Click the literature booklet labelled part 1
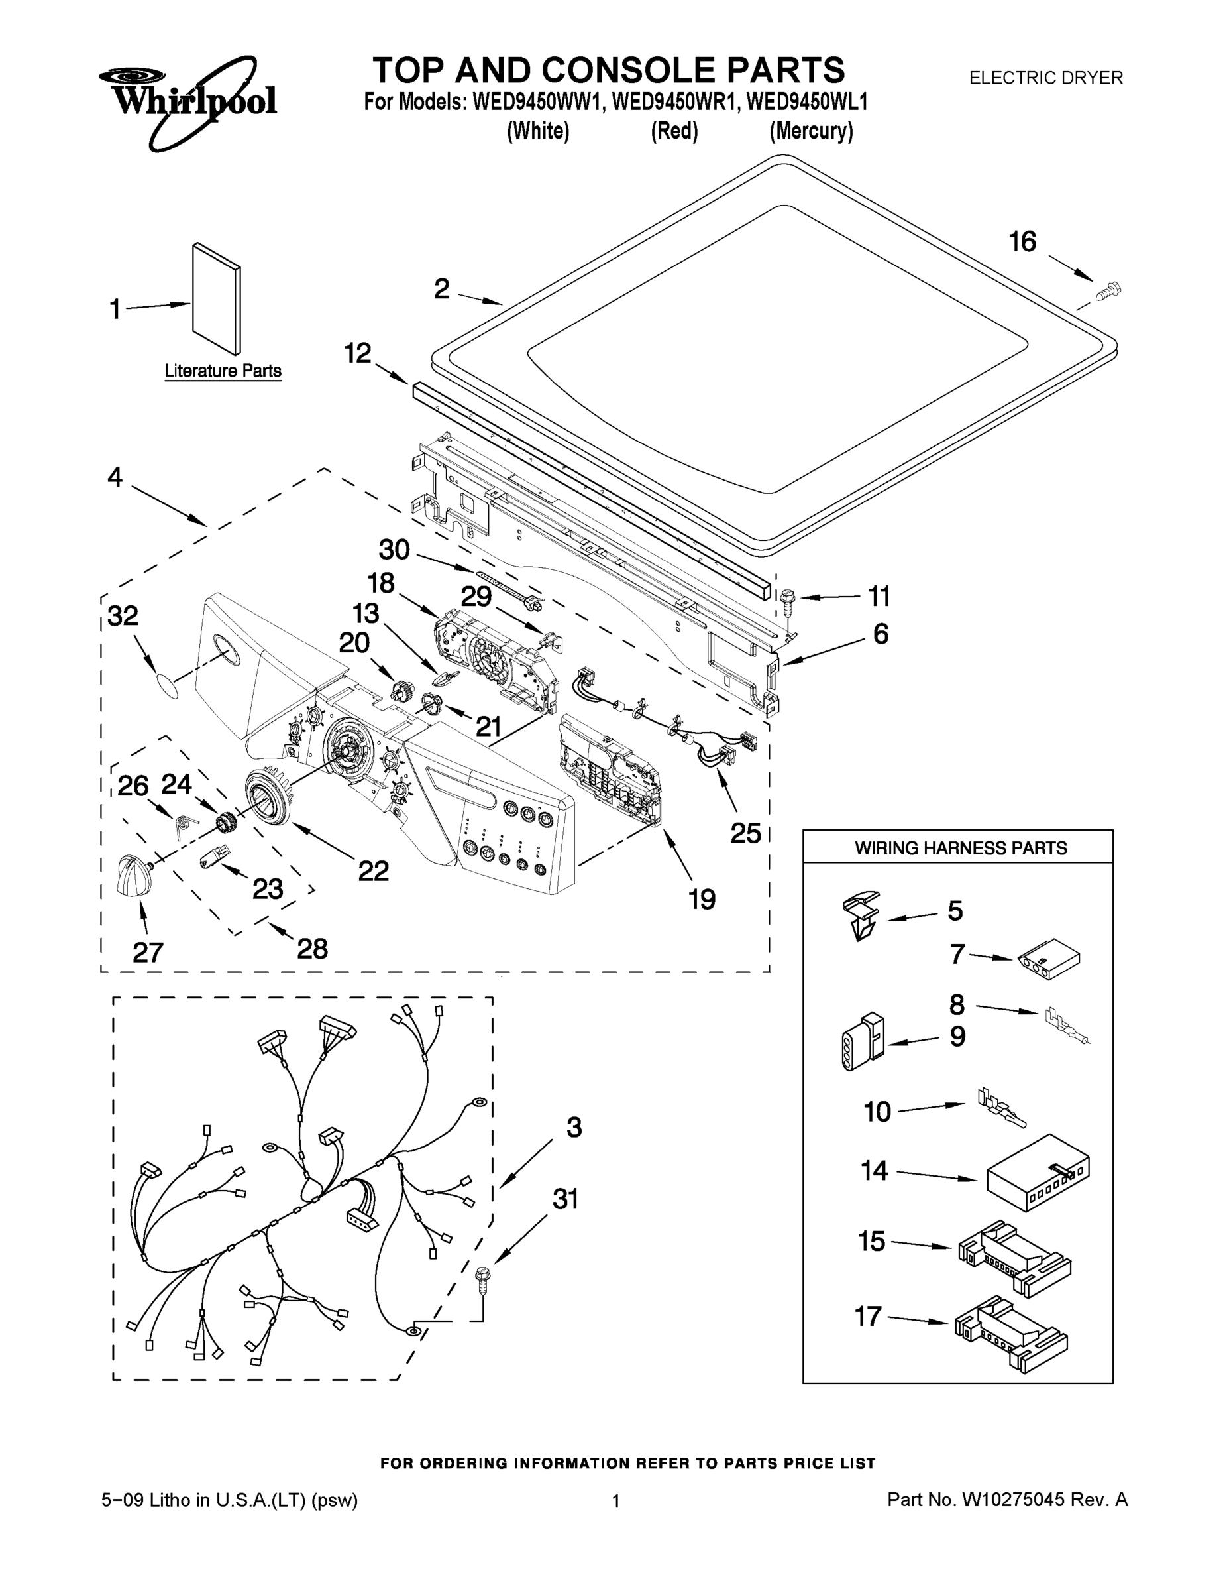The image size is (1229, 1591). pos(216,300)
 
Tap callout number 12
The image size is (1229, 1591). pos(358,353)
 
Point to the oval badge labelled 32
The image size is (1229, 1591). pos(167,685)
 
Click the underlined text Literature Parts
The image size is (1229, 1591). pos(223,371)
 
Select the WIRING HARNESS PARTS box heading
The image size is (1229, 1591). pos(960,848)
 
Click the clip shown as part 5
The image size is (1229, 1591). pos(861,915)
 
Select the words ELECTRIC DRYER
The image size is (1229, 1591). pos(1045,77)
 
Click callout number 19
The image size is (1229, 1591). pos(702,899)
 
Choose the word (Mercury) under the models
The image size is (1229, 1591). pos(811,132)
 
